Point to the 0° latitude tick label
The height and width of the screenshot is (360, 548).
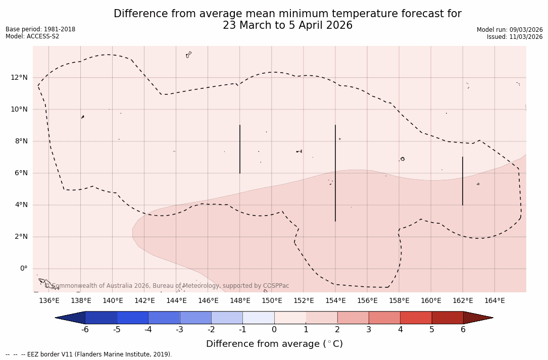click(x=23, y=269)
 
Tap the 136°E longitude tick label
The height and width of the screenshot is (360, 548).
click(x=49, y=301)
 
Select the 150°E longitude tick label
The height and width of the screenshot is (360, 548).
click(x=272, y=301)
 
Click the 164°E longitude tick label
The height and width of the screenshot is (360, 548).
click(x=494, y=301)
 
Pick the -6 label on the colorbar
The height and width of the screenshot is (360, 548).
click(x=85, y=330)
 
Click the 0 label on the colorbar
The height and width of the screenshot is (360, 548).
click(x=274, y=330)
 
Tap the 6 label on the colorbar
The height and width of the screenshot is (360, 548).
click(x=463, y=330)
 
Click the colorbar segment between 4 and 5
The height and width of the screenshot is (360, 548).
click(x=416, y=318)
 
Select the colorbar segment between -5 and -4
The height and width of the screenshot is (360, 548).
click(x=133, y=318)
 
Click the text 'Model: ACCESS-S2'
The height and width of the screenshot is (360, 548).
click(x=32, y=36)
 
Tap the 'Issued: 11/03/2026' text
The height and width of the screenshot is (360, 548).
click(x=515, y=37)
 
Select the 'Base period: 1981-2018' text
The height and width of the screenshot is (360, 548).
click(x=40, y=29)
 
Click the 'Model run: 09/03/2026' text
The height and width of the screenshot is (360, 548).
click(x=510, y=30)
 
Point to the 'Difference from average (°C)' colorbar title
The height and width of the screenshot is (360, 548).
click(x=274, y=344)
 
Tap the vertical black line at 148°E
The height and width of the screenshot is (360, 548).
click(x=240, y=149)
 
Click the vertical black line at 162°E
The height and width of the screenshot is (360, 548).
click(x=463, y=181)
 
